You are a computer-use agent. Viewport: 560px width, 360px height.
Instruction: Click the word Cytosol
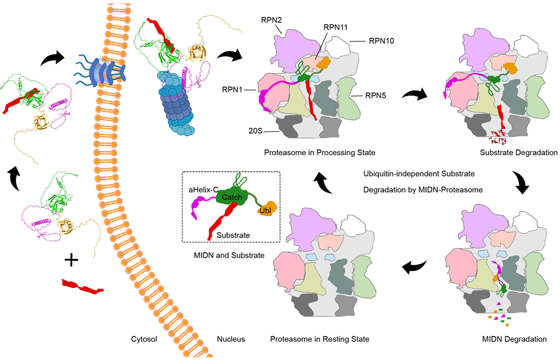click(144, 339)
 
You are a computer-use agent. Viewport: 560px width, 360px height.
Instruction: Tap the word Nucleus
click(231, 339)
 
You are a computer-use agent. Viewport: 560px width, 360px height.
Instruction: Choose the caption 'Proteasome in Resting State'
click(319, 339)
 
